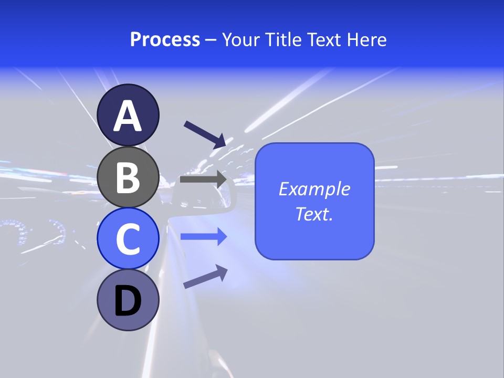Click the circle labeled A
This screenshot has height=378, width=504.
pyautogui.click(x=128, y=115)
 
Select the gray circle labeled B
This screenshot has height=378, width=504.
pyautogui.click(x=128, y=177)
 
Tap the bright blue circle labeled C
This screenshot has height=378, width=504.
pyautogui.click(x=128, y=238)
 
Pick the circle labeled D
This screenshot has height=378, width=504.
pyautogui.click(x=128, y=300)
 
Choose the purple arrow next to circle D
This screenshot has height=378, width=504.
pyautogui.click(x=205, y=277)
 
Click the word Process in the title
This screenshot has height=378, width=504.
pyautogui.click(x=165, y=40)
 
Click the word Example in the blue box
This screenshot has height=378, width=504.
pyautogui.click(x=314, y=189)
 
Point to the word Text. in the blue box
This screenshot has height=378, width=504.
pyautogui.click(x=314, y=214)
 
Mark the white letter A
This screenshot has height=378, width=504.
pyautogui.click(x=128, y=116)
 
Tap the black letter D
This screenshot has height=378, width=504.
pyautogui.click(x=128, y=302)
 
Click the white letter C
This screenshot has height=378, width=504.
pyautogui.click(x=128, y=239)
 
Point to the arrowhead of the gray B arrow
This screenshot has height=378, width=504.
pyautogui.click(x=221, y=179)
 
